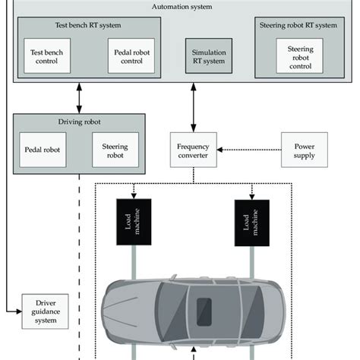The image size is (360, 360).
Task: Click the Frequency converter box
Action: point(193,150)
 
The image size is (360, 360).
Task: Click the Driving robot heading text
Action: point(80,122)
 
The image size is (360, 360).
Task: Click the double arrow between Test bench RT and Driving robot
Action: point(80,97)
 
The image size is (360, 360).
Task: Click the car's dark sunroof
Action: point(204,311)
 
